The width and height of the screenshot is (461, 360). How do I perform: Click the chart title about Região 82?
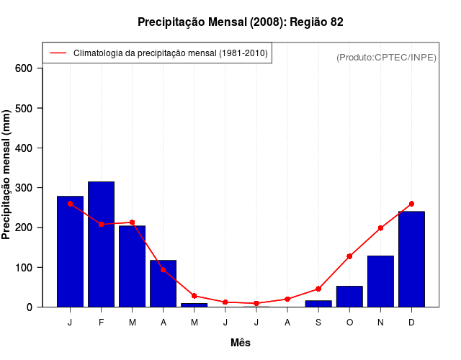241,22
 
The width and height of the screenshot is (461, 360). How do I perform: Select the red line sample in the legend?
58,53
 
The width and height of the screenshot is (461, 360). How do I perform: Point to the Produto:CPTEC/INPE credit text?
386,57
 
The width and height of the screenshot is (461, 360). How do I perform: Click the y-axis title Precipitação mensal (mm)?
6,174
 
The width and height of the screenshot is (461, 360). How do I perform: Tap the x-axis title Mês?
241,343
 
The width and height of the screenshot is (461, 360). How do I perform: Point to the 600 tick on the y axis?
24,68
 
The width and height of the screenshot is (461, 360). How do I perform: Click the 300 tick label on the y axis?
24,188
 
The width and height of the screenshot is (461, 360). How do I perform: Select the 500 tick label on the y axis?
24,108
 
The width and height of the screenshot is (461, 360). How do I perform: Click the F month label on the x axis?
101,323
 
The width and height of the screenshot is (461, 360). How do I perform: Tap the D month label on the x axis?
411,323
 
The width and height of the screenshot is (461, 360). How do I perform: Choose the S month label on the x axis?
318,323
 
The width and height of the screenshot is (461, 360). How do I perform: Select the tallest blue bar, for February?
101,245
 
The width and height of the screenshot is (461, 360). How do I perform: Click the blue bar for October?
349,297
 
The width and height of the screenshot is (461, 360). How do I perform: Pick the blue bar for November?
380,282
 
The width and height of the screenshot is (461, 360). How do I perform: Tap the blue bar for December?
411,259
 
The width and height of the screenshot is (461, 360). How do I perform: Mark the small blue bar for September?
318,304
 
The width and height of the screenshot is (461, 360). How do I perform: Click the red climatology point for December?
411,204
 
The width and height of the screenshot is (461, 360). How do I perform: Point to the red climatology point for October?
349,256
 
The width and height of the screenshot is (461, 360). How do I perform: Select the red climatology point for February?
101,224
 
